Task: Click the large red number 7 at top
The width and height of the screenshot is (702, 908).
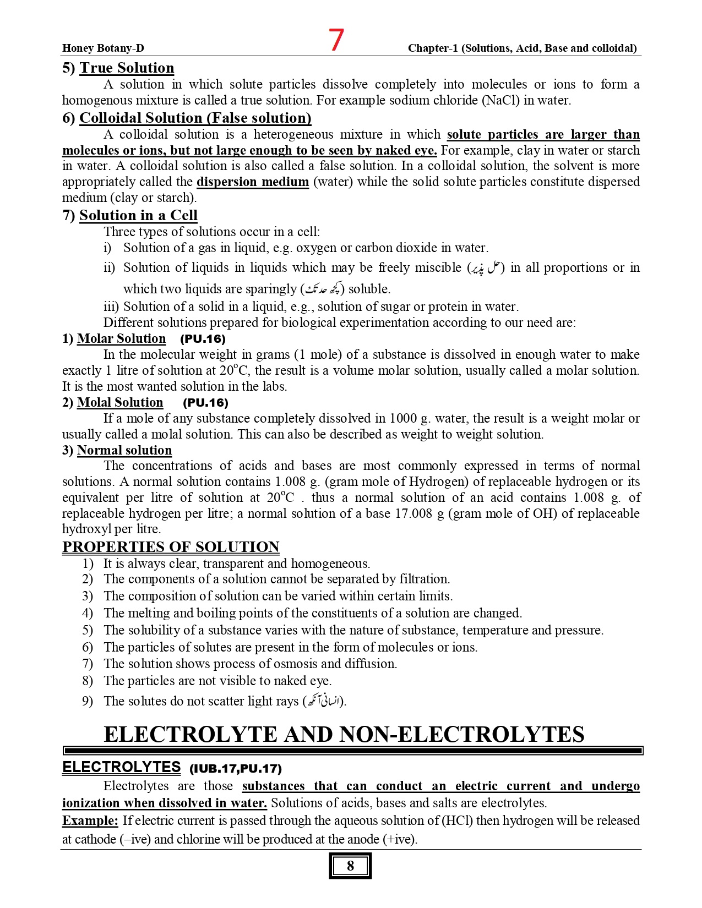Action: coord(336,40)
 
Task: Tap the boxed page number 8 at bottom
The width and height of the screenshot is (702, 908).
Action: coord(350,866)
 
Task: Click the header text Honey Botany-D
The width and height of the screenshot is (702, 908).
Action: coord(103,48)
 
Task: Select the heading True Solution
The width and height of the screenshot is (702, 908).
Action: coord(127,68)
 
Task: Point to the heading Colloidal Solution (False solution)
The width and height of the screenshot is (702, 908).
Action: coord(195,118)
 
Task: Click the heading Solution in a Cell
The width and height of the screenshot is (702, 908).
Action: coord(138,216)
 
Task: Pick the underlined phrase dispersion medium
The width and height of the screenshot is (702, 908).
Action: coord(253,182)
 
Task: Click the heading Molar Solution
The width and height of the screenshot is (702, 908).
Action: coord(121,339)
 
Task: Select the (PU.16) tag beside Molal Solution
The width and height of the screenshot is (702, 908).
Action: coord(205,403)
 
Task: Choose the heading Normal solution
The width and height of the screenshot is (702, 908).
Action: coord(124,451)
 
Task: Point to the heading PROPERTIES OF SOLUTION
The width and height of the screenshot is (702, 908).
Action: coord(171,548)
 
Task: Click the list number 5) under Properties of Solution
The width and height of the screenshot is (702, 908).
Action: coord(88,630)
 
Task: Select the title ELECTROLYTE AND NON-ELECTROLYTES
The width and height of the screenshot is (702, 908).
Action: coord(344,735)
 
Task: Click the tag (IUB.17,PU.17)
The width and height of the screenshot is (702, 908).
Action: coord(236,769)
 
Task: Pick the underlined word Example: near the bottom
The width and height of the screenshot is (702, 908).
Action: coord(90,821)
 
